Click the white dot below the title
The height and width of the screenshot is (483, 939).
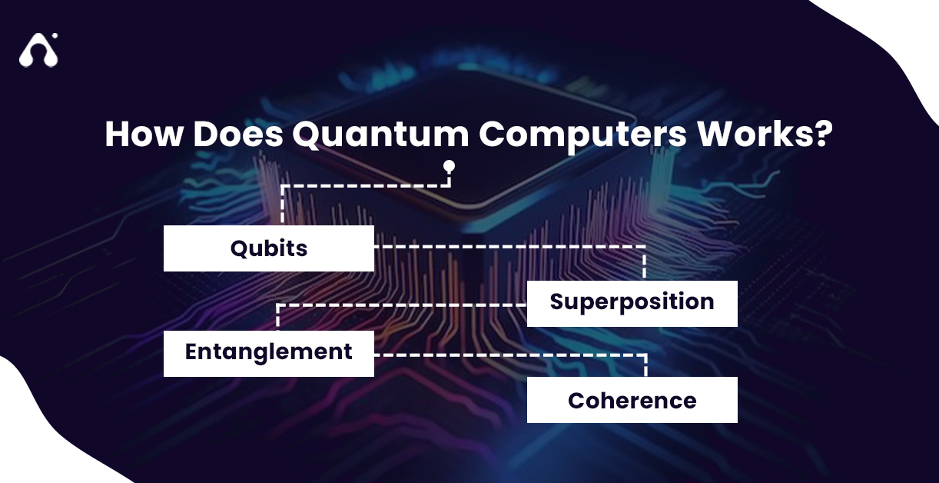point(449,165)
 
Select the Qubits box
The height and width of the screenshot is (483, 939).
point(268,248)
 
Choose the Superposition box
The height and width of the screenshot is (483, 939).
point(632,303)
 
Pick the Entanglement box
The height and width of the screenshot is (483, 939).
point(268,353)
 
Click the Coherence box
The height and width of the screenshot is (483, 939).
point(632,400)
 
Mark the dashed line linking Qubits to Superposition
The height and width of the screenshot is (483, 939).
point(507,247)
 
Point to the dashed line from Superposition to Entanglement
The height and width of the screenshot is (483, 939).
point(400,305)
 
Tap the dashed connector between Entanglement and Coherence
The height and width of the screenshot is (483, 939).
point(507,355)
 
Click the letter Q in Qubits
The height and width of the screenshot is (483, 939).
point(240,249)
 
